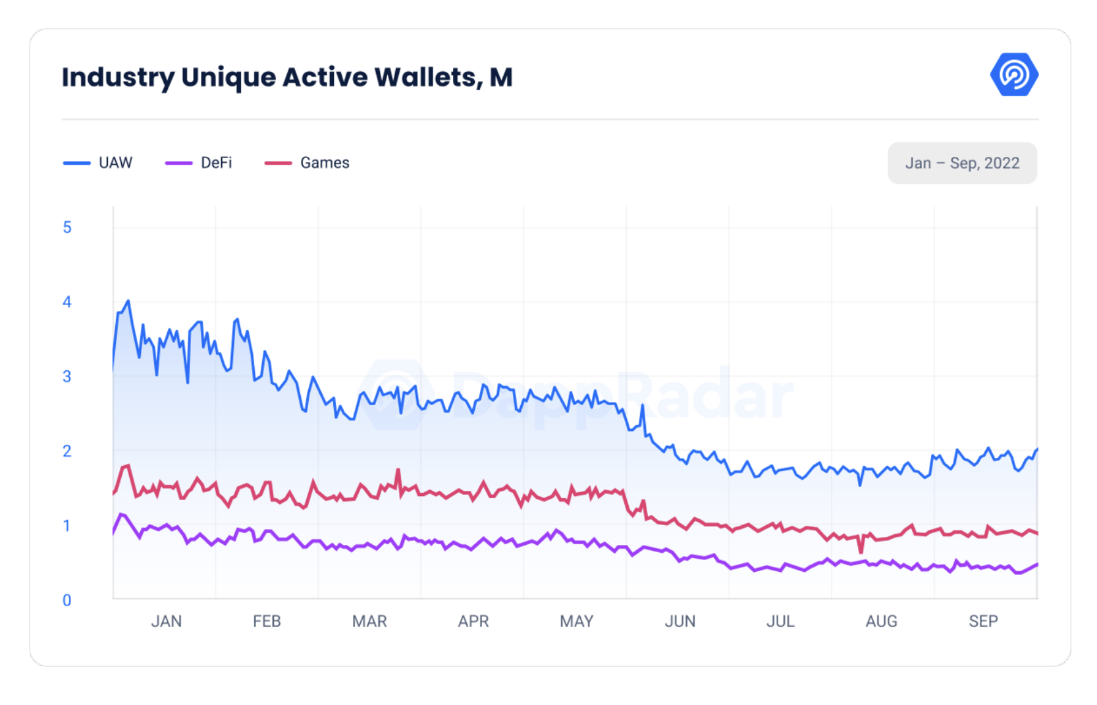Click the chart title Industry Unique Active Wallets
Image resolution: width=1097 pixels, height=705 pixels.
tap(287, 77)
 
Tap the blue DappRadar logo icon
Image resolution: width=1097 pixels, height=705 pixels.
tap(1013, 74)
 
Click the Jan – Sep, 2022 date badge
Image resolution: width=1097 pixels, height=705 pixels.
tap(961, 163)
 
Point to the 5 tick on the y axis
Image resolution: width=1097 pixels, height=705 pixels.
tap(67, 228)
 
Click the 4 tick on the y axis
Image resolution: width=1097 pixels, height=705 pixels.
tap(67, 302)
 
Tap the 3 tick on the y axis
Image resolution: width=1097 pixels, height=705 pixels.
tap(67, 377)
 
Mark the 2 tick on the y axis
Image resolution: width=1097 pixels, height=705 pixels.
tap(67, 451)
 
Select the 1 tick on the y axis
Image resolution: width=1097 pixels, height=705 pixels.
tap(67, 526)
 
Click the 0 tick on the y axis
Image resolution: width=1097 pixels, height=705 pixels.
tap(67, 600)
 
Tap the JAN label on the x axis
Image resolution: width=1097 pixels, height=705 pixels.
tap(166, 621)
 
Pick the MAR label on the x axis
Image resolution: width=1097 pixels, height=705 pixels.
tap(369, 621)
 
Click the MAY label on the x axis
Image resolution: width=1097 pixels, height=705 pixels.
tap(576, 621)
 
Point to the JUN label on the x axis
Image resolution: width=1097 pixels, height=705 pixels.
tap(680, 621)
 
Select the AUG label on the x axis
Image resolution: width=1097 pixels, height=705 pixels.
tap(881, 621)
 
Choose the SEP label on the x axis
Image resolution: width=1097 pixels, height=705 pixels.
tap(983, 621)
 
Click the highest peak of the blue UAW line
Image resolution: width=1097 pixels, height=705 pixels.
tap(128, 301)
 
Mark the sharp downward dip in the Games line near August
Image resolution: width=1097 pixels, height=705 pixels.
tap(861, 551)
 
